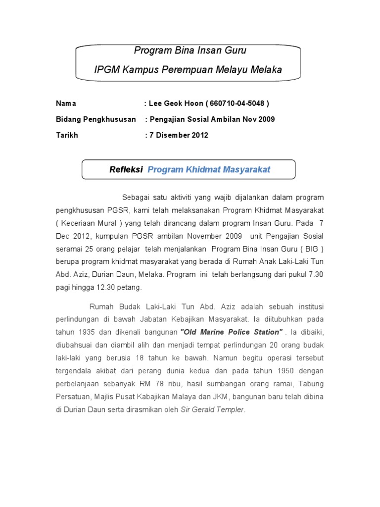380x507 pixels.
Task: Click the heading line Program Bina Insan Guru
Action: coord(190,51)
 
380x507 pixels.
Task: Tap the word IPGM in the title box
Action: coord(106,70)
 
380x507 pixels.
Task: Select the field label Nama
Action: coord(66,103)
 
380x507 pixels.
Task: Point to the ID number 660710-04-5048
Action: coord(237,103)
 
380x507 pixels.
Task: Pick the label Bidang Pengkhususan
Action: coord(95,119)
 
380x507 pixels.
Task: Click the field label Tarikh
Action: coord(67,135)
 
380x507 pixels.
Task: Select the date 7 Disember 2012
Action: coord(179,135)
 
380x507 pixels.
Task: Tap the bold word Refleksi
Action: coord(126,170)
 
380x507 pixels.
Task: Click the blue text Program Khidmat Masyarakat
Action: coord(209,170)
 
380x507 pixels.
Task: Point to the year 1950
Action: coord(280,370)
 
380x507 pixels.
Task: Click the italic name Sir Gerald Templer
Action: coord(212,409)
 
